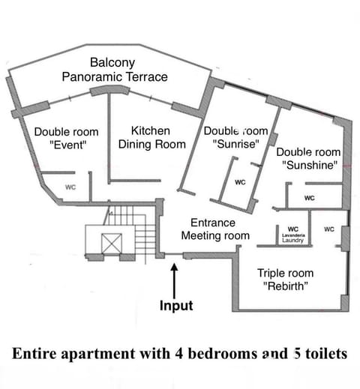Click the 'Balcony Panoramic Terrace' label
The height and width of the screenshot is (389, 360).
pos(125,69)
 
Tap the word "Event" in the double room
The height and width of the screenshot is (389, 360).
pos(66,145)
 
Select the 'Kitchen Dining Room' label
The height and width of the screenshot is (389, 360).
pos(151,137)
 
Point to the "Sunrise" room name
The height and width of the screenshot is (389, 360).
pos(235,143)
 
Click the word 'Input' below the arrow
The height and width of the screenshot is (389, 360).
pos(175,306)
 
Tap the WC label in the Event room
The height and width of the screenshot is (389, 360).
pos(70,187)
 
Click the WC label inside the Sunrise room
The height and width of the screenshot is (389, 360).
pos(240,182)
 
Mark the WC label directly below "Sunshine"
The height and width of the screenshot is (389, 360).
pos(309,198)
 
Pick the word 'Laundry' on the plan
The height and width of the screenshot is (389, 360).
pos(293,241)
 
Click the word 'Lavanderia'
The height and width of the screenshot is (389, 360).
pos(293,235)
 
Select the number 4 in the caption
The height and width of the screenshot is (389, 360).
pos(193,355)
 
